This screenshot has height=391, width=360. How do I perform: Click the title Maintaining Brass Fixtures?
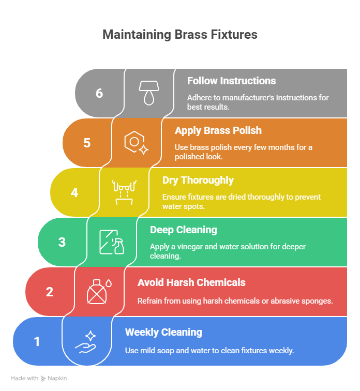click(179, 35)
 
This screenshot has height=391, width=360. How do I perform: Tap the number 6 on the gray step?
click(99, 93)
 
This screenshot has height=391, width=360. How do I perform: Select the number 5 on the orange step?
click(87, 143)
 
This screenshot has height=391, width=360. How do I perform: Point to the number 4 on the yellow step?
click(74, 192)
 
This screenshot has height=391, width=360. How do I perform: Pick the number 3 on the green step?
click(62, 242)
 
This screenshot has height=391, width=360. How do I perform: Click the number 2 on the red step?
click(50, 292)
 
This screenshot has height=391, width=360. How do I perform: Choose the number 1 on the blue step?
click(37, 341)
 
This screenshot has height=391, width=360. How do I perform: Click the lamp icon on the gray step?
click(148, 93)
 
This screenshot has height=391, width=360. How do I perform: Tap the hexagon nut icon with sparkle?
click(136, 142)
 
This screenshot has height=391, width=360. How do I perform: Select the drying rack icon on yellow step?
click(124, 192)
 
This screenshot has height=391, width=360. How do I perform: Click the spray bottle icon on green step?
click(111, 242)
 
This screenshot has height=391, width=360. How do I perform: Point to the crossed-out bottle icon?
click(99, 291)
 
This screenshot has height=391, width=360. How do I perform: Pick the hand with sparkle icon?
click(86, 341)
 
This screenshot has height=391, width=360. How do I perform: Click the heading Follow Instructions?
click(231, 81)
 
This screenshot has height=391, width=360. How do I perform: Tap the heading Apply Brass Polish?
click(218, 130)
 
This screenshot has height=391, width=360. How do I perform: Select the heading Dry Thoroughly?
click(198, 180)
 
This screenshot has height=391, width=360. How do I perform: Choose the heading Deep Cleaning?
click(184, 230)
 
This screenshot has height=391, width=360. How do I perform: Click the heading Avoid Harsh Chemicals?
click(191, 282)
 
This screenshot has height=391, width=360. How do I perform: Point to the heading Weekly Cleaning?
click(163, 332)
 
